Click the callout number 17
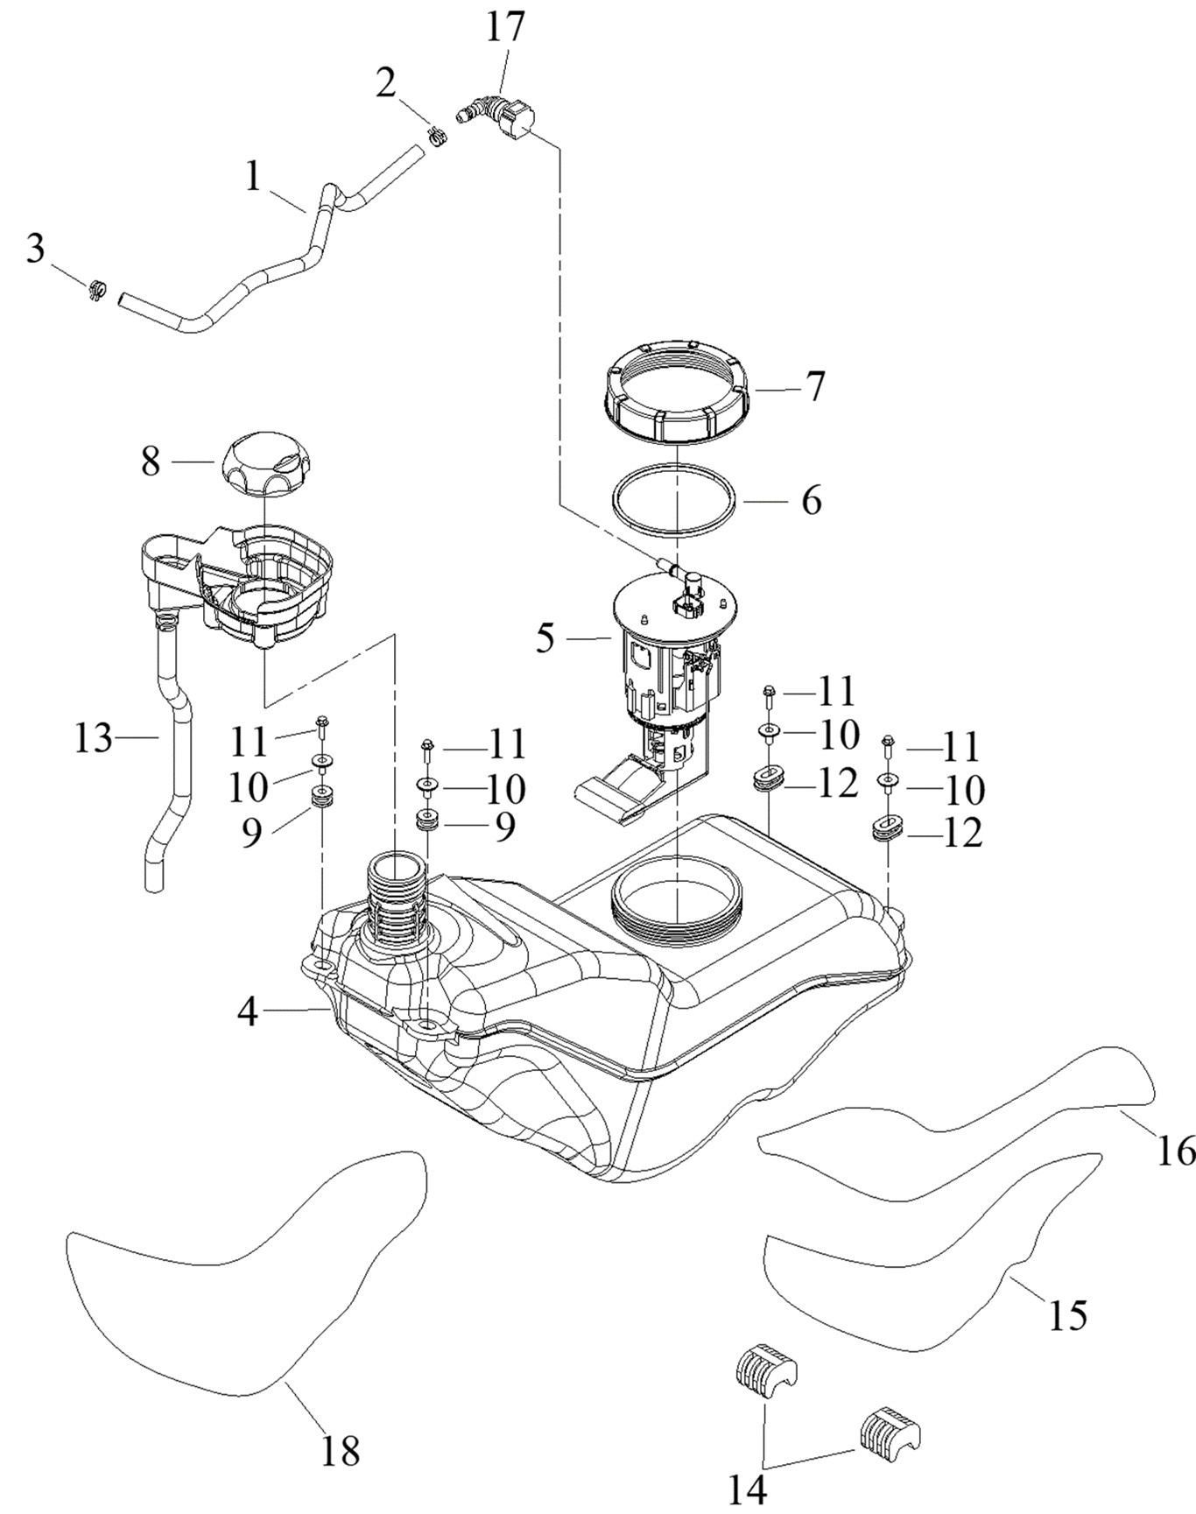point(506,26)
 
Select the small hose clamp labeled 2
point(436,136)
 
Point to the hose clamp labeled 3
point(97,287)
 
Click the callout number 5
point(545,638)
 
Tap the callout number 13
point(93,739)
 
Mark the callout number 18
point(341,1451)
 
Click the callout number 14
point(748,1489)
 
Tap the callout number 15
point(1068,1314)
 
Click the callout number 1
point(253,177)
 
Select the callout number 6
point(812,501)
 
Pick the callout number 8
point(151,461)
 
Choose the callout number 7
point(815,386)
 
